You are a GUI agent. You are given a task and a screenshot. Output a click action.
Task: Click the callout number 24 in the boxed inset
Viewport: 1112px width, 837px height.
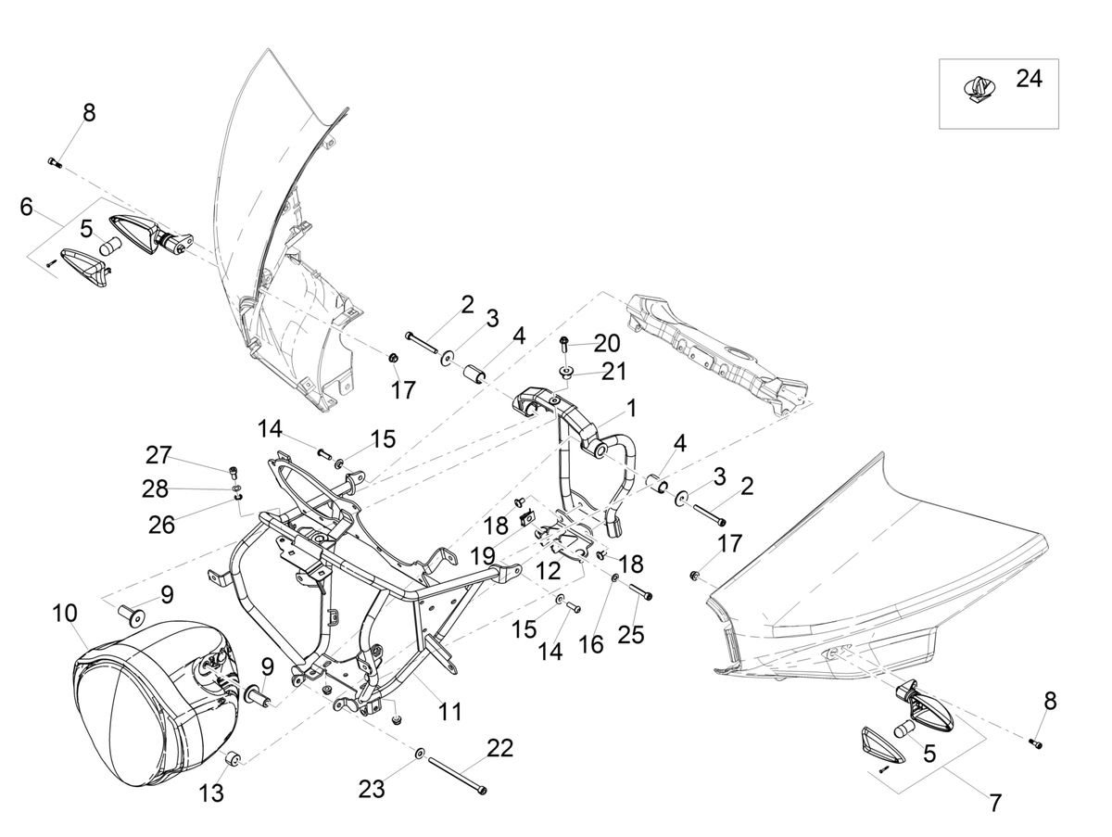[1029, 79]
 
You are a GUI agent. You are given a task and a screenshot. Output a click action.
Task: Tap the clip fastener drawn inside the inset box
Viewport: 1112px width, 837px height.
[978, 89]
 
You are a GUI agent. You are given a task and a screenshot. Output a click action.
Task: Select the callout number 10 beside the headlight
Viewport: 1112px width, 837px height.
[65, 613]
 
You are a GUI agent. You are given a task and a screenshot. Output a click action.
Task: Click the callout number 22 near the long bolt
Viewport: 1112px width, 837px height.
[500, 748]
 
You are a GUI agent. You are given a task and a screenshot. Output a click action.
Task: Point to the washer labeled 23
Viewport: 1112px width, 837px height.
[420, 754]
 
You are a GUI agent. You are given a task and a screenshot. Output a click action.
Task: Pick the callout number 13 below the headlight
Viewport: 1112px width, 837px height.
[210, 793]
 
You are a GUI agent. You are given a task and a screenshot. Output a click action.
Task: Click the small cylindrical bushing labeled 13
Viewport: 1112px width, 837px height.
[233, 759]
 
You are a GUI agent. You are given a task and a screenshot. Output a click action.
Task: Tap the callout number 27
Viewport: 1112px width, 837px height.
[158, 455]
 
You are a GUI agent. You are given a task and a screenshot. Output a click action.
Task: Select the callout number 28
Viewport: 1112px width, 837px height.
[155, 488]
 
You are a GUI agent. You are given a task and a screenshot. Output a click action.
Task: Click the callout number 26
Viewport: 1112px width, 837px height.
[161, 525]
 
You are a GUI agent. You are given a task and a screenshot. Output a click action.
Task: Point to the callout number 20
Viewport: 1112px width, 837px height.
[607, 343]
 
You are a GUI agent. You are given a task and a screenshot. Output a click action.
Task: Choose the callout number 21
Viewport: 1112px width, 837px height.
[613, 372]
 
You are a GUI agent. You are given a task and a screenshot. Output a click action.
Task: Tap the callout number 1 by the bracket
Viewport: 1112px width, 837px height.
[631, 408]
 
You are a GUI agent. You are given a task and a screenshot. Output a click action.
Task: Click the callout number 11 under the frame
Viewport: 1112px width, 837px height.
[449, 712]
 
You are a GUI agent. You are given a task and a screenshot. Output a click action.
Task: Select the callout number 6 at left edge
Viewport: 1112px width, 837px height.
[26, 207]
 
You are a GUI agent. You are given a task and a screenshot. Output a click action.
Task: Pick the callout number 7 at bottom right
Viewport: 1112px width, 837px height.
[996, 803]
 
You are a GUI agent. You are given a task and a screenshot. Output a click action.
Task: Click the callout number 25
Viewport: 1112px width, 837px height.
[631, 634]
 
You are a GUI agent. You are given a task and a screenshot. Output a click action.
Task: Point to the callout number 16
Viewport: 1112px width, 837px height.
[590, 644]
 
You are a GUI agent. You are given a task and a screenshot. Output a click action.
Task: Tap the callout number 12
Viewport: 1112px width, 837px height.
[548, 571]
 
